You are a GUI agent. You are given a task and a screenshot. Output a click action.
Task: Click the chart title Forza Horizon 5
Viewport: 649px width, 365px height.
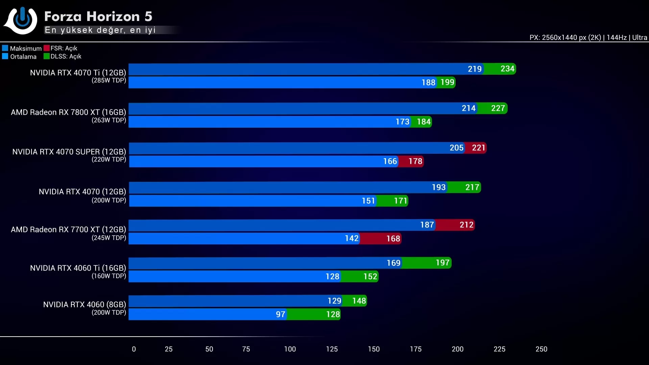tap(98, 16)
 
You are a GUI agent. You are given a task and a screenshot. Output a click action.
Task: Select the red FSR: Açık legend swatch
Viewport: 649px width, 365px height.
tap(47, 48)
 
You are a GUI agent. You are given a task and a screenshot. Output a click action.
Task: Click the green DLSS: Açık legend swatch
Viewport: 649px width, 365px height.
tap(47, 56)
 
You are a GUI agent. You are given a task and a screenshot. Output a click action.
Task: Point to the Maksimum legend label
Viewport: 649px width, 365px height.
tap(26, 48)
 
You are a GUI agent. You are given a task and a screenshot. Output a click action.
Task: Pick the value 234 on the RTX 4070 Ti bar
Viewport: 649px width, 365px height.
tap(507, 69)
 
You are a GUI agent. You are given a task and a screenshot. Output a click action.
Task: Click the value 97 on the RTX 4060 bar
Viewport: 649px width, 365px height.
tap(280, 314)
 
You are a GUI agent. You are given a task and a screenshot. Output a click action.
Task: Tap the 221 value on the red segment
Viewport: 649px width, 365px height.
tap(478, 148)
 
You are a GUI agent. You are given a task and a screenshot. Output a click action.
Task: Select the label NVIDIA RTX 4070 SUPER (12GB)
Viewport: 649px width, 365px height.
tap(69, 152)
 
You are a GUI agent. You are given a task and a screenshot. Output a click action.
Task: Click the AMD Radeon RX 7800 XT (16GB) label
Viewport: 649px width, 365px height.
tap(68, 112)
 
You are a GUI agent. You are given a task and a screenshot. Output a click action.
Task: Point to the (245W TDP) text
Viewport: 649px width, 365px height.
tap(109, 238)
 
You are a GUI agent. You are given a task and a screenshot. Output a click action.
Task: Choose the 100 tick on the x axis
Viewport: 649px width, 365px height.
tap(290, 349)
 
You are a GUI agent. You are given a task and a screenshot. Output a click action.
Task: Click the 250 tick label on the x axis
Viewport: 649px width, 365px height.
tap(541, 349)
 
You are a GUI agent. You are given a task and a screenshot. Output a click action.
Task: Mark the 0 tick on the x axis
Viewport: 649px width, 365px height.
tap(134, 349)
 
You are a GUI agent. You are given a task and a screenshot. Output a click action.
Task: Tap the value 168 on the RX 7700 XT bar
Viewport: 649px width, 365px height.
tap(393, 239)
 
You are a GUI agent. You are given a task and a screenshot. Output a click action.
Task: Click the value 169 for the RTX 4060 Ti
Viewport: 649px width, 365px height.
tap(393, 263)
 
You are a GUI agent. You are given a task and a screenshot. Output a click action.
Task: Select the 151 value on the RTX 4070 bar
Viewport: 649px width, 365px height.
tap(368, 201)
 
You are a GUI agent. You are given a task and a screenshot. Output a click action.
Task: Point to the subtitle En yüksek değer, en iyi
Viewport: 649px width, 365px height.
tap(100, 30)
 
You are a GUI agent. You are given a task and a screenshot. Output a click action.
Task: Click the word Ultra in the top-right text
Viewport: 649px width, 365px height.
tap(640, 38)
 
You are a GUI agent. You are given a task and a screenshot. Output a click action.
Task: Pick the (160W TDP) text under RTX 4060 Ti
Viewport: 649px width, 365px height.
tap(109, 276)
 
